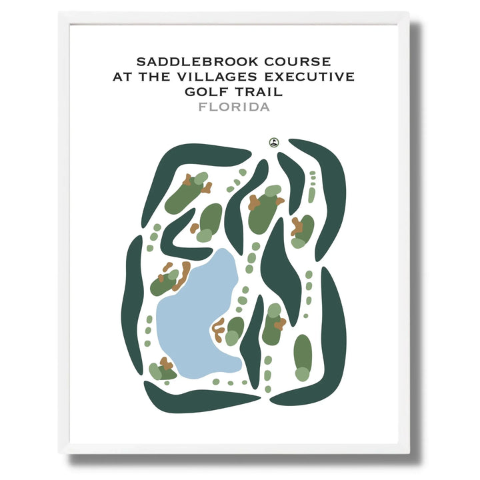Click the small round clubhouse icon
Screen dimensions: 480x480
[x=273, y=142]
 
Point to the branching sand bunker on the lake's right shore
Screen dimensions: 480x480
[x=218, y=328]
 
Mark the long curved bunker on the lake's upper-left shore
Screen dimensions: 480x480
[x=181, y=275]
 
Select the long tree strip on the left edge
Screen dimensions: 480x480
[x=131, y=303]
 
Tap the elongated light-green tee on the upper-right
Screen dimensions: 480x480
[x=311, y=195]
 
